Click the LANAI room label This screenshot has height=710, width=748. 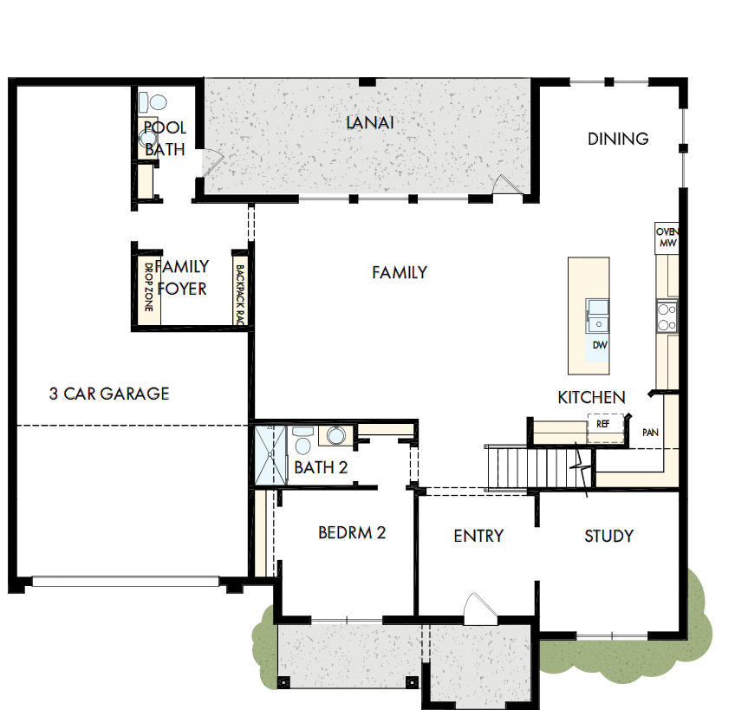point(370,123)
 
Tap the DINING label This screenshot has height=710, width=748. point(618,139)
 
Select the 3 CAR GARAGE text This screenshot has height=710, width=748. point(109,394)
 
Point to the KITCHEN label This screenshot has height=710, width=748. point(591,398)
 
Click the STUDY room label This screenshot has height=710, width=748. point(608,536)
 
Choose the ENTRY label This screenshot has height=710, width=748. point(478,536)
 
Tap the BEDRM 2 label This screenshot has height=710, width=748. point(351,532)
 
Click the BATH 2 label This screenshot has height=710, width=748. point(321,468)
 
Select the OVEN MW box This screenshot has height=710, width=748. point(666,238)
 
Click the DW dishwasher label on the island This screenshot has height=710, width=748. point(599,345)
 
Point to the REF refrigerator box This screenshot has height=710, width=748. point(603,425)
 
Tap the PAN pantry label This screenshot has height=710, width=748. point(650,432)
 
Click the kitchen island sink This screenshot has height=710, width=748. point(597,313)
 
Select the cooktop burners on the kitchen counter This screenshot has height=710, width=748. point(667,316)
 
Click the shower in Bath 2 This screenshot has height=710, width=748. point(269,453)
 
